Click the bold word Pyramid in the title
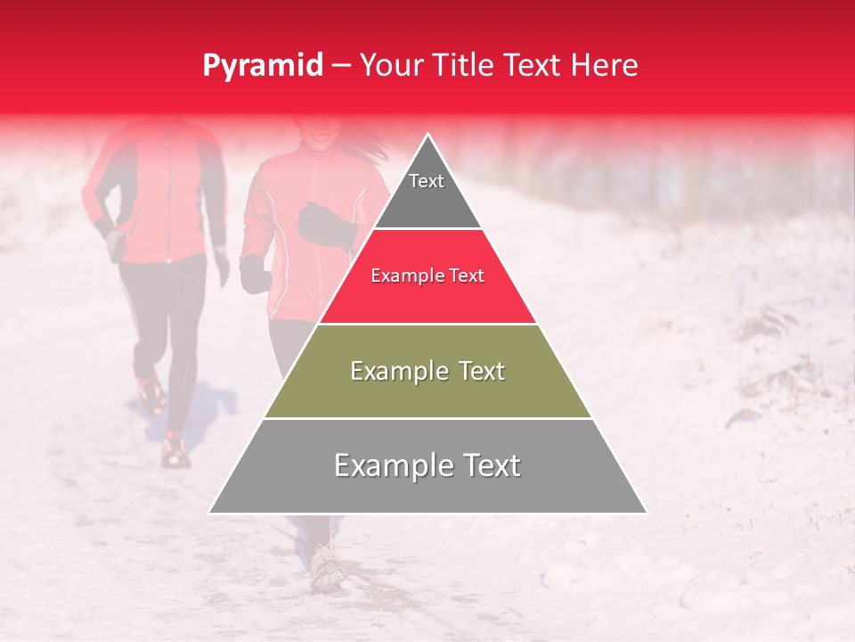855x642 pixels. pos(262,66)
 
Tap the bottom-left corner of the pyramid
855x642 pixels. pos(211,512)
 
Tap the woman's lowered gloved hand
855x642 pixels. pos(254,274)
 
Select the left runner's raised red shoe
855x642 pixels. pos(150,391)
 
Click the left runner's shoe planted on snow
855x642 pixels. pos(175,453)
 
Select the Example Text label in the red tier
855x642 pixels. pos(427,276)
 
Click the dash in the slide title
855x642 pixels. pos(340,66)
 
